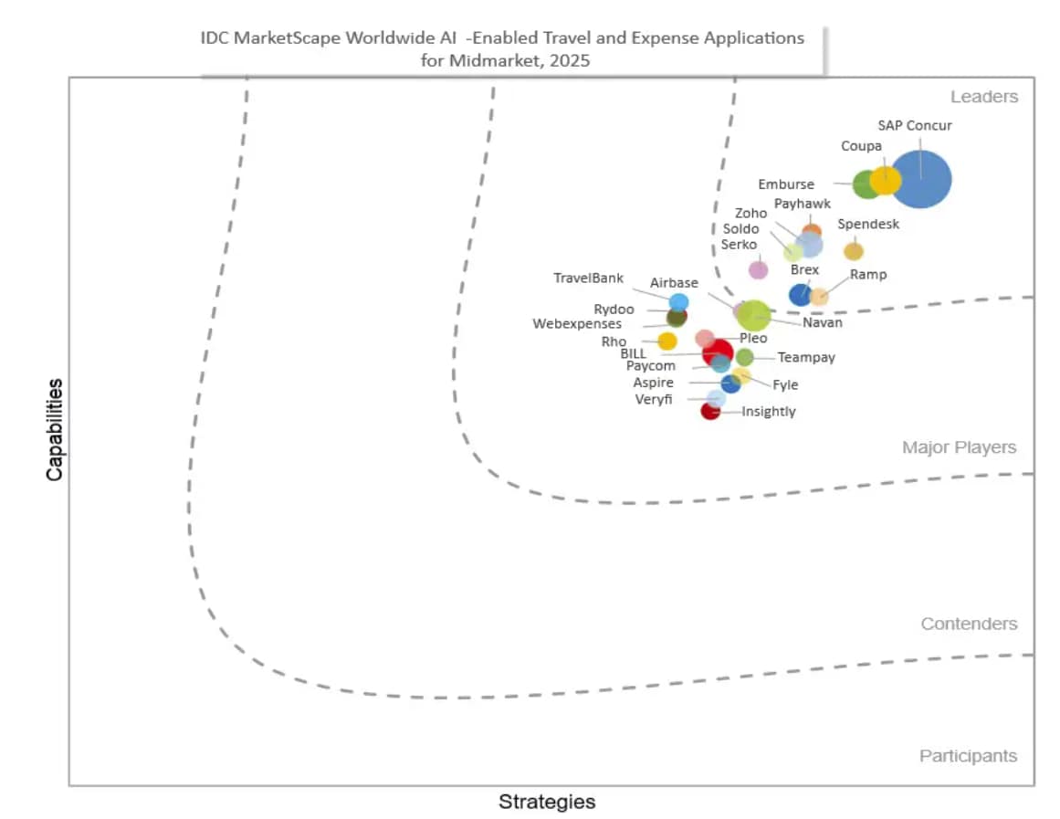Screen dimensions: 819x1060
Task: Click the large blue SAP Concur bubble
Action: pos(920,179)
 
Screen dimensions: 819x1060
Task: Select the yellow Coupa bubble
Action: pos(885,180)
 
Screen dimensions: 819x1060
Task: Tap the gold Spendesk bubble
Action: pos(853,251)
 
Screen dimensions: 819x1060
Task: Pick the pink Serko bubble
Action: pos(758,269)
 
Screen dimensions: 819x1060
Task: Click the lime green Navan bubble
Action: pos(754,315)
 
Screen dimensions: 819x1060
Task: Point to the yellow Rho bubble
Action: pos(667,341)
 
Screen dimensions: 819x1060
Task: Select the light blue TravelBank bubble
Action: pos(678,302)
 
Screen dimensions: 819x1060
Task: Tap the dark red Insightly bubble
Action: pos(710,411)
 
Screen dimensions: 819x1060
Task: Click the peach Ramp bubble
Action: pos(819,296)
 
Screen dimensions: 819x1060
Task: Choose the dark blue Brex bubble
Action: pos(800,294)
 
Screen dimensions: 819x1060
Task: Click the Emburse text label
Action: pos(785,184)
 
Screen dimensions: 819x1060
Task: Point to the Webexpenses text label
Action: pos(577,323)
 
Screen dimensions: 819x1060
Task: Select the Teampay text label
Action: pos(806,358)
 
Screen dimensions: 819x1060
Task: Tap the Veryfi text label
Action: pos(653,399)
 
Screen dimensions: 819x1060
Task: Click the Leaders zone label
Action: pos(983,97)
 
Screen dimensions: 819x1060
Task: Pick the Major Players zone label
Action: pos(959,447)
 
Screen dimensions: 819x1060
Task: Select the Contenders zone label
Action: pos(968,624)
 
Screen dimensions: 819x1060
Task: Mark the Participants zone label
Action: pos(968,756)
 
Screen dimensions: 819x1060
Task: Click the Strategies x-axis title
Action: pos(547,802)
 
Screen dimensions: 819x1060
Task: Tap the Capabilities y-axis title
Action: pos(55,429)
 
